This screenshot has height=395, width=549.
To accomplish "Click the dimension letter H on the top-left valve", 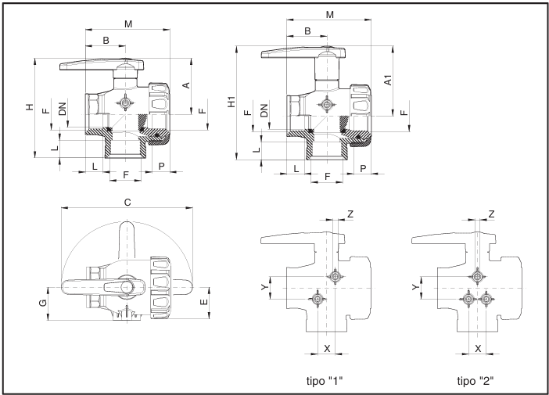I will [30, 106].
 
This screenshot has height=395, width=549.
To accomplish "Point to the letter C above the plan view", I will [127, 203].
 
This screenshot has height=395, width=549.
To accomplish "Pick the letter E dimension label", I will [203, 301].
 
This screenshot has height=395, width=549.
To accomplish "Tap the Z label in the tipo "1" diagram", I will [350, 214].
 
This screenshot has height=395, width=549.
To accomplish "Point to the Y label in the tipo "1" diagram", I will [263, 287].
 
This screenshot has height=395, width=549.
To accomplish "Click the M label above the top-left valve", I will [128, 24].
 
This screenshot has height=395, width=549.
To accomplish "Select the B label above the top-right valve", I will [307, 31].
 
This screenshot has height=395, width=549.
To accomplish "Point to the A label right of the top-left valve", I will [186, 84].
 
